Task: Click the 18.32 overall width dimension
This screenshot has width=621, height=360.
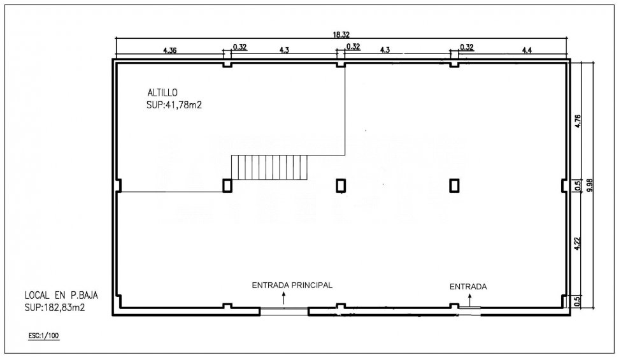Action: (341, 34)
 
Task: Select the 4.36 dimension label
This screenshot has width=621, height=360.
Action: (169, 50)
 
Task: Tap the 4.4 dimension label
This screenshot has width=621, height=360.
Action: (527, 50)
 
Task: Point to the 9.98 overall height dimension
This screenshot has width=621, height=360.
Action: (590, 185)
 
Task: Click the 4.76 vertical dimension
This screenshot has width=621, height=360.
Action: (578, 121)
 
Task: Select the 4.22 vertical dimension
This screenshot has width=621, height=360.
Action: (578, 243)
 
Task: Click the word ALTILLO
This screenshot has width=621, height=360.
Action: (162, 92)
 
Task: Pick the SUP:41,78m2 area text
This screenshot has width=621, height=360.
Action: (175, 105)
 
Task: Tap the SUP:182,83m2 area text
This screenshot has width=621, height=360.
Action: (55, 307)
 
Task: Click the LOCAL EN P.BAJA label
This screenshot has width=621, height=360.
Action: (61, 295)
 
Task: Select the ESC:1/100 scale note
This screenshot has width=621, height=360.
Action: (43, 336)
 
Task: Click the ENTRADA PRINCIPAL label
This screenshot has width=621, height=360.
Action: (292, 285)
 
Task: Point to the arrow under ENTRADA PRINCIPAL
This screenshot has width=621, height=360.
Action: (283, 298)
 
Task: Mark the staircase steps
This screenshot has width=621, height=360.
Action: (269, 167)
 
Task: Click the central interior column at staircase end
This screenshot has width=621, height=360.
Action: (227, 185)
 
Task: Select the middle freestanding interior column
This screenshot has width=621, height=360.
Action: (341, 185)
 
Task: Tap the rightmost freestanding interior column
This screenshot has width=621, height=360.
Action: (454, 185)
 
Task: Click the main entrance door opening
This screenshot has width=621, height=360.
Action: (284, 312)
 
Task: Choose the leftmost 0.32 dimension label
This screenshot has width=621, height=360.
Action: (240, 47)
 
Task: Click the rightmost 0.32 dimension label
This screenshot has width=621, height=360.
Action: (467, 47)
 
